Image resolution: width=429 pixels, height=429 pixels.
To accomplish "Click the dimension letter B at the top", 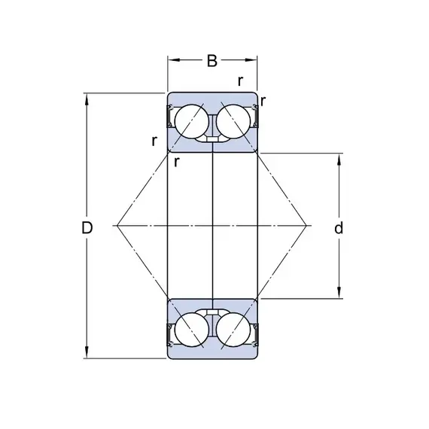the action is tap(212, 61).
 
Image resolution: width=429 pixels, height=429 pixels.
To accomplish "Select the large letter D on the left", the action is tap(87, 227).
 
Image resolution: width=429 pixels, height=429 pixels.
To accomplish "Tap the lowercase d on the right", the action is tap(339, 227).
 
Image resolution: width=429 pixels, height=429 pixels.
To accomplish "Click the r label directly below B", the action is tap(240, 81).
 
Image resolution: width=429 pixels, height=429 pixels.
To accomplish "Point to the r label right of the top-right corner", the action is tap(263, 102).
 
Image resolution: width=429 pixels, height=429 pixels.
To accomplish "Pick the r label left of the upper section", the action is tap(154, 141).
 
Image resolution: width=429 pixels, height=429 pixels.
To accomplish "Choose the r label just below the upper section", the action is tap(177, 162).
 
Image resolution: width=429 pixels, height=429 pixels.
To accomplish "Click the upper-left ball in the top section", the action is tap(192, 121).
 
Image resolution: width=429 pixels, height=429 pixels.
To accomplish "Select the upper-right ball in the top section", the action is tap(233, 121).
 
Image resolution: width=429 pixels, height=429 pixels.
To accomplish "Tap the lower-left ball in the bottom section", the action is tap(192, 330).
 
